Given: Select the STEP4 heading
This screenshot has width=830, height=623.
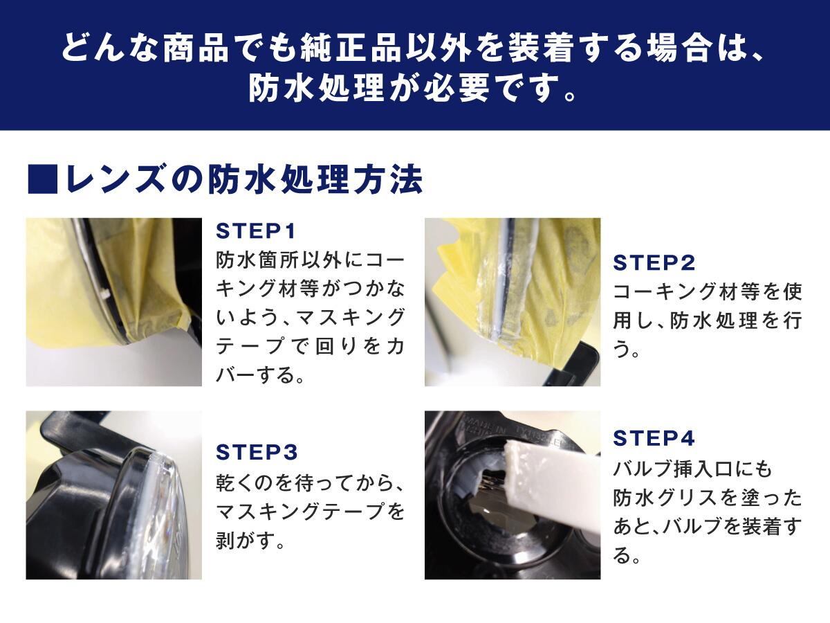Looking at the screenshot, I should coord(653,438).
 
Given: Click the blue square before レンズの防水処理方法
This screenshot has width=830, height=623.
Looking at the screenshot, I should coord(40,180).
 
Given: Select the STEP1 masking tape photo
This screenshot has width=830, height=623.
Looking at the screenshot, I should coord(113,302).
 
